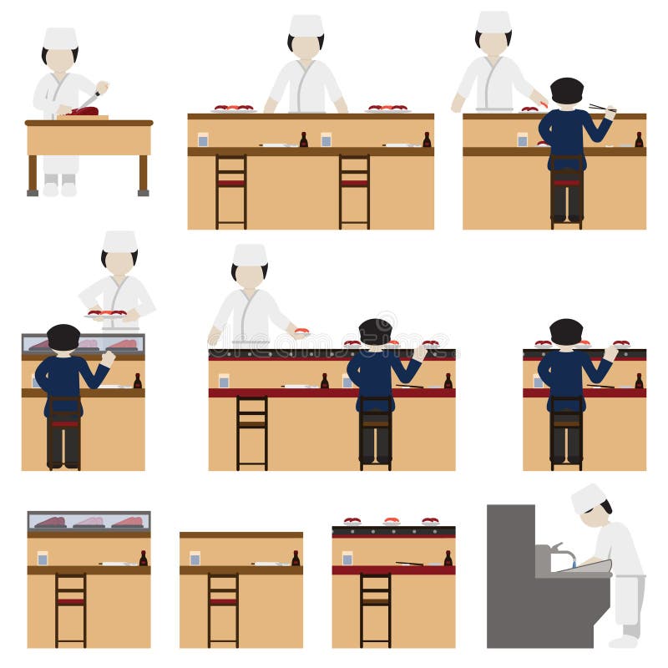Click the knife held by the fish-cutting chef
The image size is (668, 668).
click(89, 99)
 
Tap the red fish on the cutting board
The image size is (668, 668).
click(84, 111)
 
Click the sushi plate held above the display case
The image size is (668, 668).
click(107, 314)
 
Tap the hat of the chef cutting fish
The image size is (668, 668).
click(60, 38)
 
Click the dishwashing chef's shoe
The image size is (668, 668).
click(623, 641)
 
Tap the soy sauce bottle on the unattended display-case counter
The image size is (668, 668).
click(143, 558)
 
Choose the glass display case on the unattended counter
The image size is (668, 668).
click(89, 521)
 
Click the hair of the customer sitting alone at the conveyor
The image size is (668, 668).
click(566, 331)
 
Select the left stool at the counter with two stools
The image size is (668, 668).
click(231, 190)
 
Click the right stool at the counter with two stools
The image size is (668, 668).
click(354, 190)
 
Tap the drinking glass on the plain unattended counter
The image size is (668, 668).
click(195, 558)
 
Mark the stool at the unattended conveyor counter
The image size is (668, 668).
click(375, 610)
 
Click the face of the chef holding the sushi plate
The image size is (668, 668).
click(119, 262)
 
